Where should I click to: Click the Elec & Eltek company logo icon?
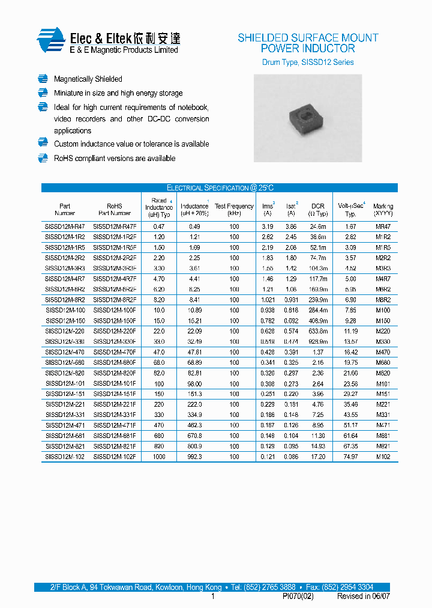coord(50,40)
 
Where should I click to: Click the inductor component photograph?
coord(307,118)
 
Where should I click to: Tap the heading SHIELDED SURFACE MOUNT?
coord(308,38)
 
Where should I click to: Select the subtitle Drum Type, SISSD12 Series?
coord(308,62)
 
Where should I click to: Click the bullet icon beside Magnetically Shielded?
coord(43,79)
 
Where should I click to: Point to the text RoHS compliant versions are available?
coord(115,159)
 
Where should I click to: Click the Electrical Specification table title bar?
coord(219,187)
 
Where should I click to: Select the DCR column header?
coord(318,210)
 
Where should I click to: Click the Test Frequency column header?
coord(234,210)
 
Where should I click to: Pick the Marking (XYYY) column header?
coord(383,210)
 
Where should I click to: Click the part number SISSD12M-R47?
coord(65,226)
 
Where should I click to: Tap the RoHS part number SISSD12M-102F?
coord(115,457)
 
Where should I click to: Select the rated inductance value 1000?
coord(158,457)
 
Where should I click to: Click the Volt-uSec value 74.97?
coord(351,457)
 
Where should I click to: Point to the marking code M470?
coord(383,352)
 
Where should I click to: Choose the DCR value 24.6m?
coord(318,226)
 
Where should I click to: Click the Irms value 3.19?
coord(268,226)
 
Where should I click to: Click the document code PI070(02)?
coord(298,597)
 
